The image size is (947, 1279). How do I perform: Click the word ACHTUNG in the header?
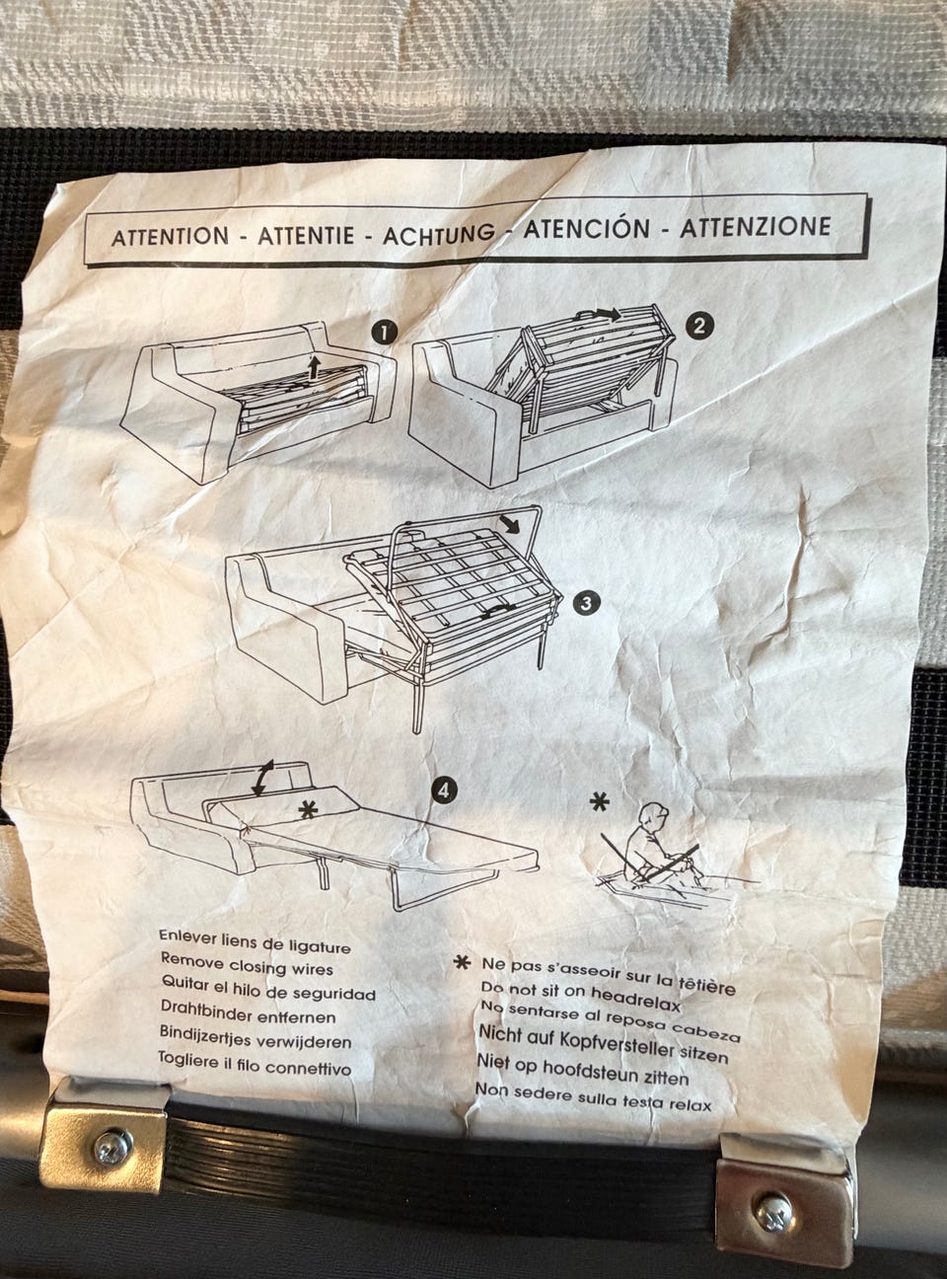[x=439, y=235]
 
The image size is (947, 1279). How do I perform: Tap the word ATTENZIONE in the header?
[x=755, y=227]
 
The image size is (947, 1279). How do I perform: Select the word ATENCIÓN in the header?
[x=586, y=230]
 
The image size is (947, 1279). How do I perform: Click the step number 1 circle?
[x=385, y=333]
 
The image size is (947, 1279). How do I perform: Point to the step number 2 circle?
[x=699, y=327]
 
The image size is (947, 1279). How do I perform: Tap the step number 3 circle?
[x=587, y=603]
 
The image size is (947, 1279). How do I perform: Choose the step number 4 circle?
[x=444, y=790]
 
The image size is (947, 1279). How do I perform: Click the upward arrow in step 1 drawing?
[x=314, y=367]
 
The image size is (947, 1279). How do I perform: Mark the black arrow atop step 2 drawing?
[x=608, y=313]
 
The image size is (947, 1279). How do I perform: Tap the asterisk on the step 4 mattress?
[x=308, y=809]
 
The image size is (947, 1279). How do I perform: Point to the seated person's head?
[x=655, y=816]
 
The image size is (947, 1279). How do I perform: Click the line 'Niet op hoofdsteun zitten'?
[x=582, y=1070]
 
